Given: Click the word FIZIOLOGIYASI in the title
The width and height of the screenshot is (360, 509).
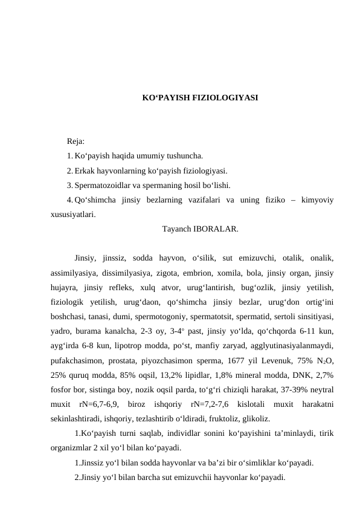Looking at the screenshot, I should [225, 97].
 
